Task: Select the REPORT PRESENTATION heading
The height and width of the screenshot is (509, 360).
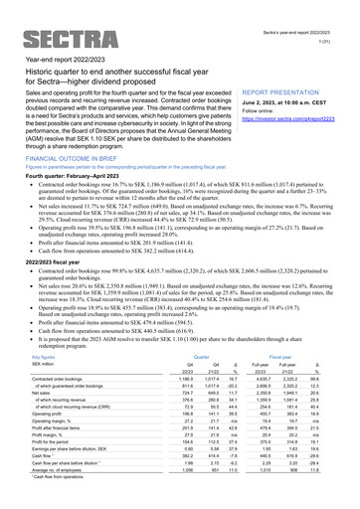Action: coord(285,90)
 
